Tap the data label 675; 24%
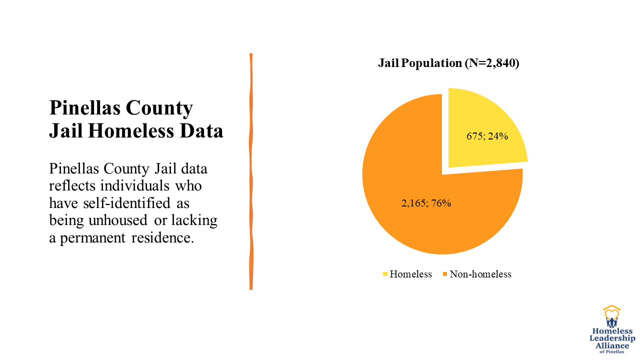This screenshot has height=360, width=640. [x=487, y=135]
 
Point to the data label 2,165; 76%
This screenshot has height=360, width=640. [x=426, y=203]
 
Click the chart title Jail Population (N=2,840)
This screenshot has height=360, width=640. [x=448, y=63]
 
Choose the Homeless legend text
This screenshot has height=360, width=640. [x=410, y=274]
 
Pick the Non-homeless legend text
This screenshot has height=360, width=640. [x=480, y=274]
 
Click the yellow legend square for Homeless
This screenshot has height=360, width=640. [x=385, y=274]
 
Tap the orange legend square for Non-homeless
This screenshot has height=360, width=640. [x=445, y=274]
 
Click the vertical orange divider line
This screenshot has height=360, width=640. [x=251, y=170]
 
